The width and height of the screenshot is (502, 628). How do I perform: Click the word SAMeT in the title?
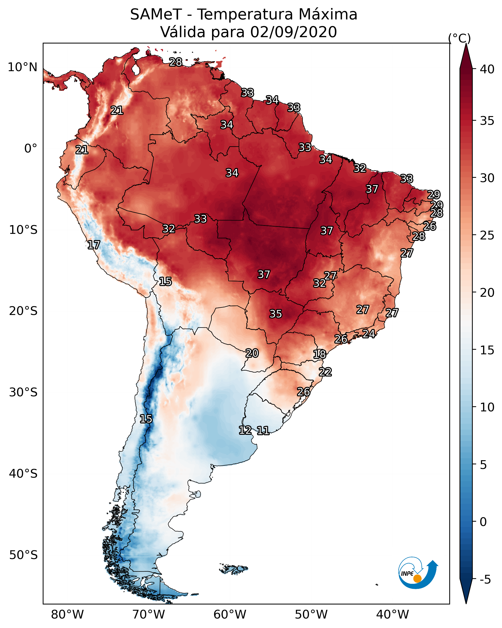click(x=156, y=15)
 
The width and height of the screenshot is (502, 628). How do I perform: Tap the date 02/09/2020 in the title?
click(x=293, y=32)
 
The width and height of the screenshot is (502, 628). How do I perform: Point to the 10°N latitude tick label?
click(x=22, y=67)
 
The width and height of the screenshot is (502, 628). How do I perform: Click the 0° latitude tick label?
click(x=31, y=149)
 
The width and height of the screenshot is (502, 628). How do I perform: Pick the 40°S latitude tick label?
click(x=23, y=474)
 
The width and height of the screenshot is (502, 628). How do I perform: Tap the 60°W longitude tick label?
click(x=230, y=615)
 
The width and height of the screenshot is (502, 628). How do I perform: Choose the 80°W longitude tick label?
click(x=67, y=615)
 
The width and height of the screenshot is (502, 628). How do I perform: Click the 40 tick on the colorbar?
click(x=487, y=69)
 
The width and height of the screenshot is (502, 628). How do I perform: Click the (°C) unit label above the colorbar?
click(x=459, y=38)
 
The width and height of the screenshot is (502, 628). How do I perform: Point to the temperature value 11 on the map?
click(x=263, y=431)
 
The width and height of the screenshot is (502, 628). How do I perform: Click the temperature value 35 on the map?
click(x=276, y=314)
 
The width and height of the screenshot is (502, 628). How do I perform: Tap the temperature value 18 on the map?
click(x=320, y=355)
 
